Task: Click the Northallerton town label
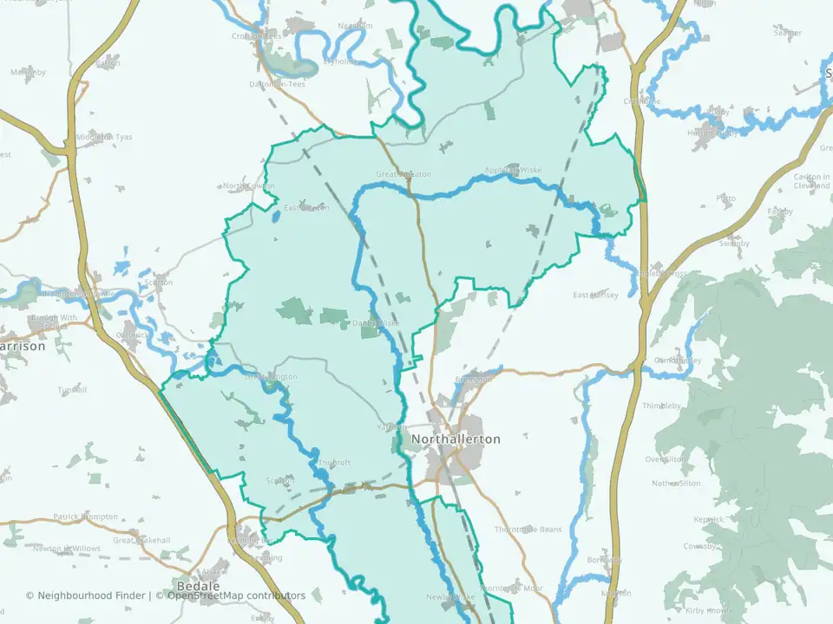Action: pyautogui.click(x=456, y=439)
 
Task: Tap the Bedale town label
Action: pyautogui.click(x=193, y=585)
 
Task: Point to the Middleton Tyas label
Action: pyautogui.click(x=105, y=137)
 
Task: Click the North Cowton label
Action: pyautogui.click(x=248, y=186)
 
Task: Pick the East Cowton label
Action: pyautogui.click(x=306, y=207)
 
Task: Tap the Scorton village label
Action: pyautogui.click(x=160, y=282)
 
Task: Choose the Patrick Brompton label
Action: pyautogui.click(x=85, y=517)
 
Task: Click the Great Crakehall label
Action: pyautogui.click(x=141, y=540)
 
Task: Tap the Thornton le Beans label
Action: pyautogui.click(x=528, y=530)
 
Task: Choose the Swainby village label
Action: pyautogui.click(x=733, y=244)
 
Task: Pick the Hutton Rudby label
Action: pyautogui.click(x=713, y=133)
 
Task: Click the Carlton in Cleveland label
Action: pyautogui.click(x=812, y=180)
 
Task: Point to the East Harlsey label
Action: pyautogui.click(x=595, y=296)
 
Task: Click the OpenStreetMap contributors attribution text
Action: pyautogui.click(x=236, y=595)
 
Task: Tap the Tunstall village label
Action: pyautogui.click(x=73, y=390)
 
